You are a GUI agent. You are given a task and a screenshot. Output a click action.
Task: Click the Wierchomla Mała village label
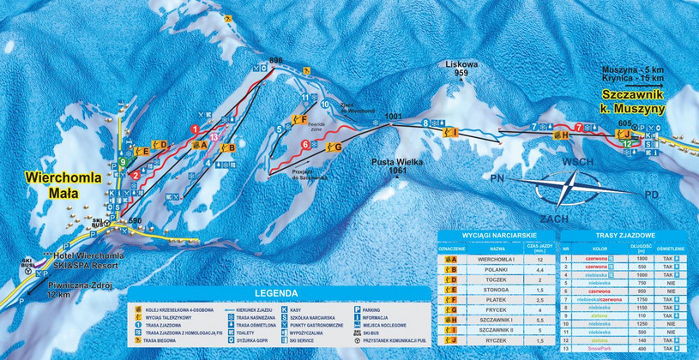[x=64, y=185]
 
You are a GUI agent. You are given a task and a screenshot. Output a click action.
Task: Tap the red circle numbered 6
[x=306, y=146]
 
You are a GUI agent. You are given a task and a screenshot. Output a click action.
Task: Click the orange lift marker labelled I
[x=449, y=131]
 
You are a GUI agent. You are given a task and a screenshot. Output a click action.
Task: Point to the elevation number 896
[x=275, y=60]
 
